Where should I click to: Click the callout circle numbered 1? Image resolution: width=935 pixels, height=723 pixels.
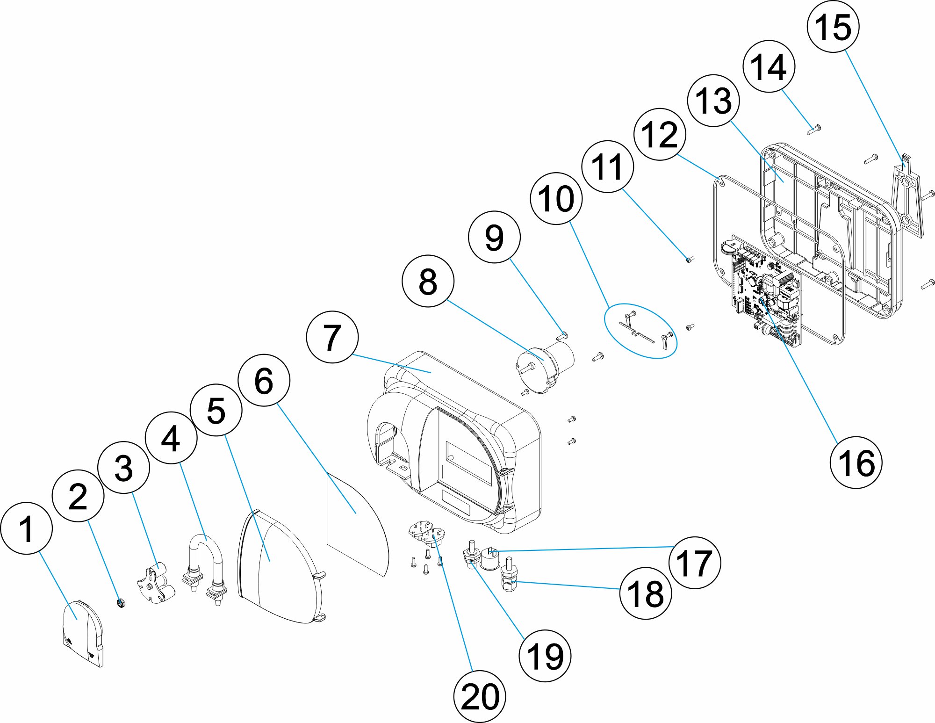[27, 528]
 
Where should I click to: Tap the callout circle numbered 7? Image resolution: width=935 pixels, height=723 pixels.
[332, 337]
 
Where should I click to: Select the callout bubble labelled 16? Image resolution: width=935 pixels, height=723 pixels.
[856, 463]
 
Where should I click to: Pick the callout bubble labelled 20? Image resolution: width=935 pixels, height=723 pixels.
[480, 696]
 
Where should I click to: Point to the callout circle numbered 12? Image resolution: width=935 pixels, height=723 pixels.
[660, 135]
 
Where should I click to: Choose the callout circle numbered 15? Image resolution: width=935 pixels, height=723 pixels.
[833, 27]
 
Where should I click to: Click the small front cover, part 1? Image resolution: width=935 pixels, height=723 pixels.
[83, 634]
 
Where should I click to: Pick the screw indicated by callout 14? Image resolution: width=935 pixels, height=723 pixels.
[814, 130]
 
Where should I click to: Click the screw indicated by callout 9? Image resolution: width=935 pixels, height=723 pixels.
[562, 335]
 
